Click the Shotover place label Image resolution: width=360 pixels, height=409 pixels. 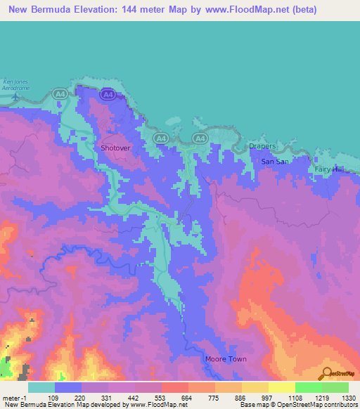tap(116, 148)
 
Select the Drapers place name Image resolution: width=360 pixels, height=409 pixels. tap(262, 147)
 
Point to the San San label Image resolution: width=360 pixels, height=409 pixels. tap(275, 162)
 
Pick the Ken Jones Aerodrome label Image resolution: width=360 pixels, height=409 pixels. tap(16, 88)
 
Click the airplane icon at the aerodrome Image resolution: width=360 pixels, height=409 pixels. tap(14, 97)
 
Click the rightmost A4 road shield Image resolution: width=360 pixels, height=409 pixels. tap(200, 139)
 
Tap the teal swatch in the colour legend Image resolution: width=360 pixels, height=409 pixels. tap(41, 387)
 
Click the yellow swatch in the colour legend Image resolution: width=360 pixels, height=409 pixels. tap(281, 387)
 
